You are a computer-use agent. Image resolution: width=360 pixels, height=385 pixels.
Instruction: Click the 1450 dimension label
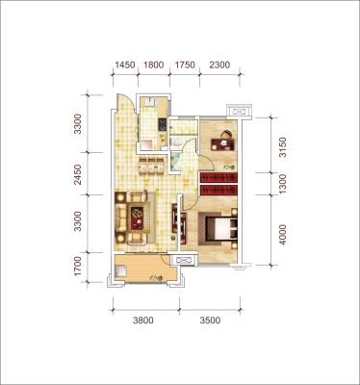tap(125, 65)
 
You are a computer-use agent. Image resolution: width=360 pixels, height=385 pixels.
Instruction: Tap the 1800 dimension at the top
tap(154, 65)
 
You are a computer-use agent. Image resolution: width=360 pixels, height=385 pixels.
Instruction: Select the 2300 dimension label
tap(219, 65)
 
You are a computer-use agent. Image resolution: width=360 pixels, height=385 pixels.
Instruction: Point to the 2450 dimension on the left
tap(77, 175)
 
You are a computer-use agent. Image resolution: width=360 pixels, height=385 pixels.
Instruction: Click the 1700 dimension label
tap(77, 266)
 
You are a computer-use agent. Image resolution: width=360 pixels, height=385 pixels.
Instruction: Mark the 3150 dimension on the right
tap(282, 147)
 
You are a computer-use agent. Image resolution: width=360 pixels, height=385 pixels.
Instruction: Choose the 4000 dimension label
tap(282, 235)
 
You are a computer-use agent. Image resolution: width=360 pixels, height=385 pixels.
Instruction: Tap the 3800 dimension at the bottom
tap(143, 321)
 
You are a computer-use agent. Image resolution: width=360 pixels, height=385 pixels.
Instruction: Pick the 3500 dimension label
tap(210, 321)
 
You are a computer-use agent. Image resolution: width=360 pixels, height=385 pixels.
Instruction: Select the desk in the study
tap(224, 144)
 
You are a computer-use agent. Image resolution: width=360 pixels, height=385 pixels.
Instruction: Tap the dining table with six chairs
tap(151, 167)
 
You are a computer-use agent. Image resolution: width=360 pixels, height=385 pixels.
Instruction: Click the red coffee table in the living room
tap(138, 218)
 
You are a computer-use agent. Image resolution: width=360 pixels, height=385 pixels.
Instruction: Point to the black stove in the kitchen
tap(162, 124)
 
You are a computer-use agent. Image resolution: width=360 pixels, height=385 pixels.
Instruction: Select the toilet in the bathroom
tap(176, 141)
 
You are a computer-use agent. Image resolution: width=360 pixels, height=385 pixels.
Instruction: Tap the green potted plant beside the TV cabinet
tap(173, 238)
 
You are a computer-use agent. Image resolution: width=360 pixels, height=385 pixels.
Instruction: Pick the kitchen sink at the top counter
tap(150, 102)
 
